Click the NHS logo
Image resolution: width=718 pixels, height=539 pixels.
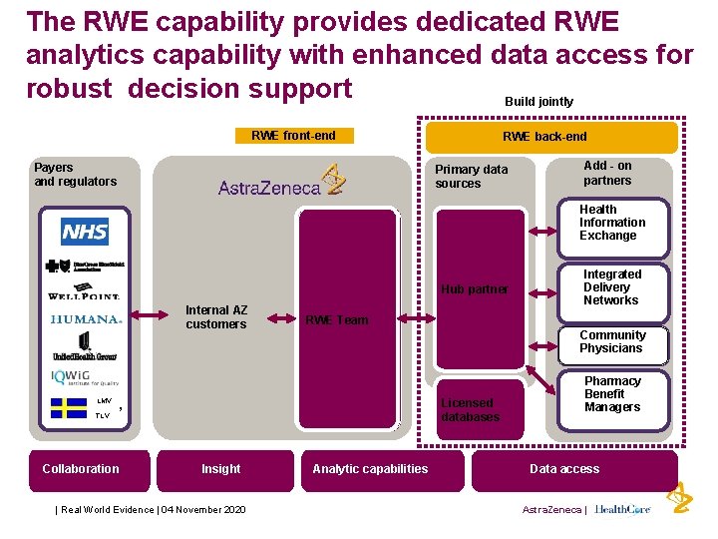(x=85, y=233)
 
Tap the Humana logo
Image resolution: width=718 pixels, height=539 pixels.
(x=85, y=319)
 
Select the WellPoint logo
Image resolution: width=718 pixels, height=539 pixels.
(x=84, y=294)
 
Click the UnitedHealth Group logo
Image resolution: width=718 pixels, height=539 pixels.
(x=85, y=347)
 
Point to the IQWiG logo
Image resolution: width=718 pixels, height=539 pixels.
(x=85, y=376)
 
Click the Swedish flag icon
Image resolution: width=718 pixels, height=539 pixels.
(x=70, y=407)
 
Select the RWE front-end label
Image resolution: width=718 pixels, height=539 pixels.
(x=293, y=136)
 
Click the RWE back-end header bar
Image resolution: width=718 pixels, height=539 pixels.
(x=551, y=137)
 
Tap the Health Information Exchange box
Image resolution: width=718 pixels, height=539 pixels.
(x=612, y=223)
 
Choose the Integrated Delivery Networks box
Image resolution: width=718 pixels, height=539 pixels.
(x=611, y=287)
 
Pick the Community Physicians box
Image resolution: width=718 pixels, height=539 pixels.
(x=611, y=341)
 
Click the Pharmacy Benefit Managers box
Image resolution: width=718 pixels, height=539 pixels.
(x=611, y=394)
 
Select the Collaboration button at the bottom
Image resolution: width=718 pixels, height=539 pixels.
(x=81, y=469)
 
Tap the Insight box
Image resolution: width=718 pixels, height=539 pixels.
(x=220, y=469)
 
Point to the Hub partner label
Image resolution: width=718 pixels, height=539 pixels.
(x=475, y=289)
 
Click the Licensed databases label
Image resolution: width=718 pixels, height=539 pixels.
(x=470, y=410)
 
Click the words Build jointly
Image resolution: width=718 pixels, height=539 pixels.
(x=538, y=102)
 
